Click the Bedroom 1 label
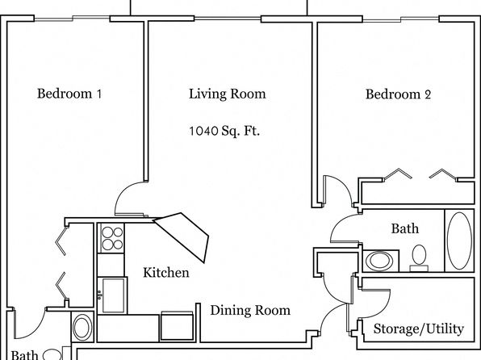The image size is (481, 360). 69,94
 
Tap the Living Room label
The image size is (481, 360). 228,94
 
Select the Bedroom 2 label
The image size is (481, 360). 398,94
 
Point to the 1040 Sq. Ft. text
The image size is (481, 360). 224,131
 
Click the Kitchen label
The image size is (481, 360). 166,273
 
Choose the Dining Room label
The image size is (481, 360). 250,310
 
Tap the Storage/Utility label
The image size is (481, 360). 418,329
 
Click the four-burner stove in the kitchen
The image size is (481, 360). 111,238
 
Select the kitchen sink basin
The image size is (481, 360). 113,295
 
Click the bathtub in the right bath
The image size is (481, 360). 459,241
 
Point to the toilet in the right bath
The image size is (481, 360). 419,258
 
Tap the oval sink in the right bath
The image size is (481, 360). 379,261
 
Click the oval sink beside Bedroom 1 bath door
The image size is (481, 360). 82,327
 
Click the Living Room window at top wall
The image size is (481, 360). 228,19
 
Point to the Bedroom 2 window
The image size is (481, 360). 400,19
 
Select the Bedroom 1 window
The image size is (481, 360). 72,19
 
